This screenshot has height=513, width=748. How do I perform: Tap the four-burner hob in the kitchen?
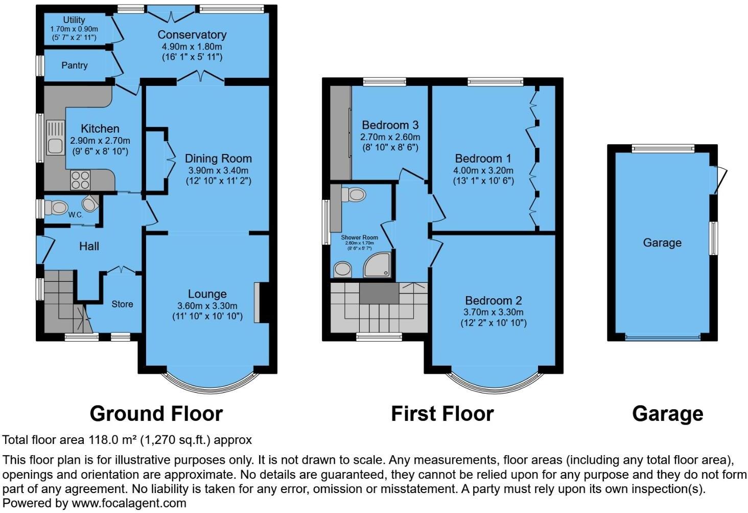tap(80, 180)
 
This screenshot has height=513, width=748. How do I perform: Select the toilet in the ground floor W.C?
tap(57, 208)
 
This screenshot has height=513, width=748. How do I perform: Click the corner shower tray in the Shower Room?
tap(379, 264)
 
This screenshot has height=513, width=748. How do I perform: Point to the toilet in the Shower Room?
tap(355, 194)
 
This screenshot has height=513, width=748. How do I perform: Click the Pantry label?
tap(75, 65)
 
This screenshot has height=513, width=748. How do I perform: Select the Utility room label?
tap(74, 20)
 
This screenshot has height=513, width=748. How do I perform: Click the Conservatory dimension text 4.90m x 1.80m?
tap(192, 46)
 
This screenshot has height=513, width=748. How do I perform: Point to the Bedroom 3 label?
tap(390, 125)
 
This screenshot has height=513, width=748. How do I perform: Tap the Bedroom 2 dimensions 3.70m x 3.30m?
tap(493, 312)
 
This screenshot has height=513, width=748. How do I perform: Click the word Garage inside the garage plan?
tap(662, 242)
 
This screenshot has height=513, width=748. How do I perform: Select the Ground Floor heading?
tap(156, 413)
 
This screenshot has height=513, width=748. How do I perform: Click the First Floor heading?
tap(442, 413)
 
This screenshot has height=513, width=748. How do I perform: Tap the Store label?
tap(122, 304)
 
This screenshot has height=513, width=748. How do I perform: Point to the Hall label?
tap(89, 247)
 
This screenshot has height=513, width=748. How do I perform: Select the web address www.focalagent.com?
tap(129, 503)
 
